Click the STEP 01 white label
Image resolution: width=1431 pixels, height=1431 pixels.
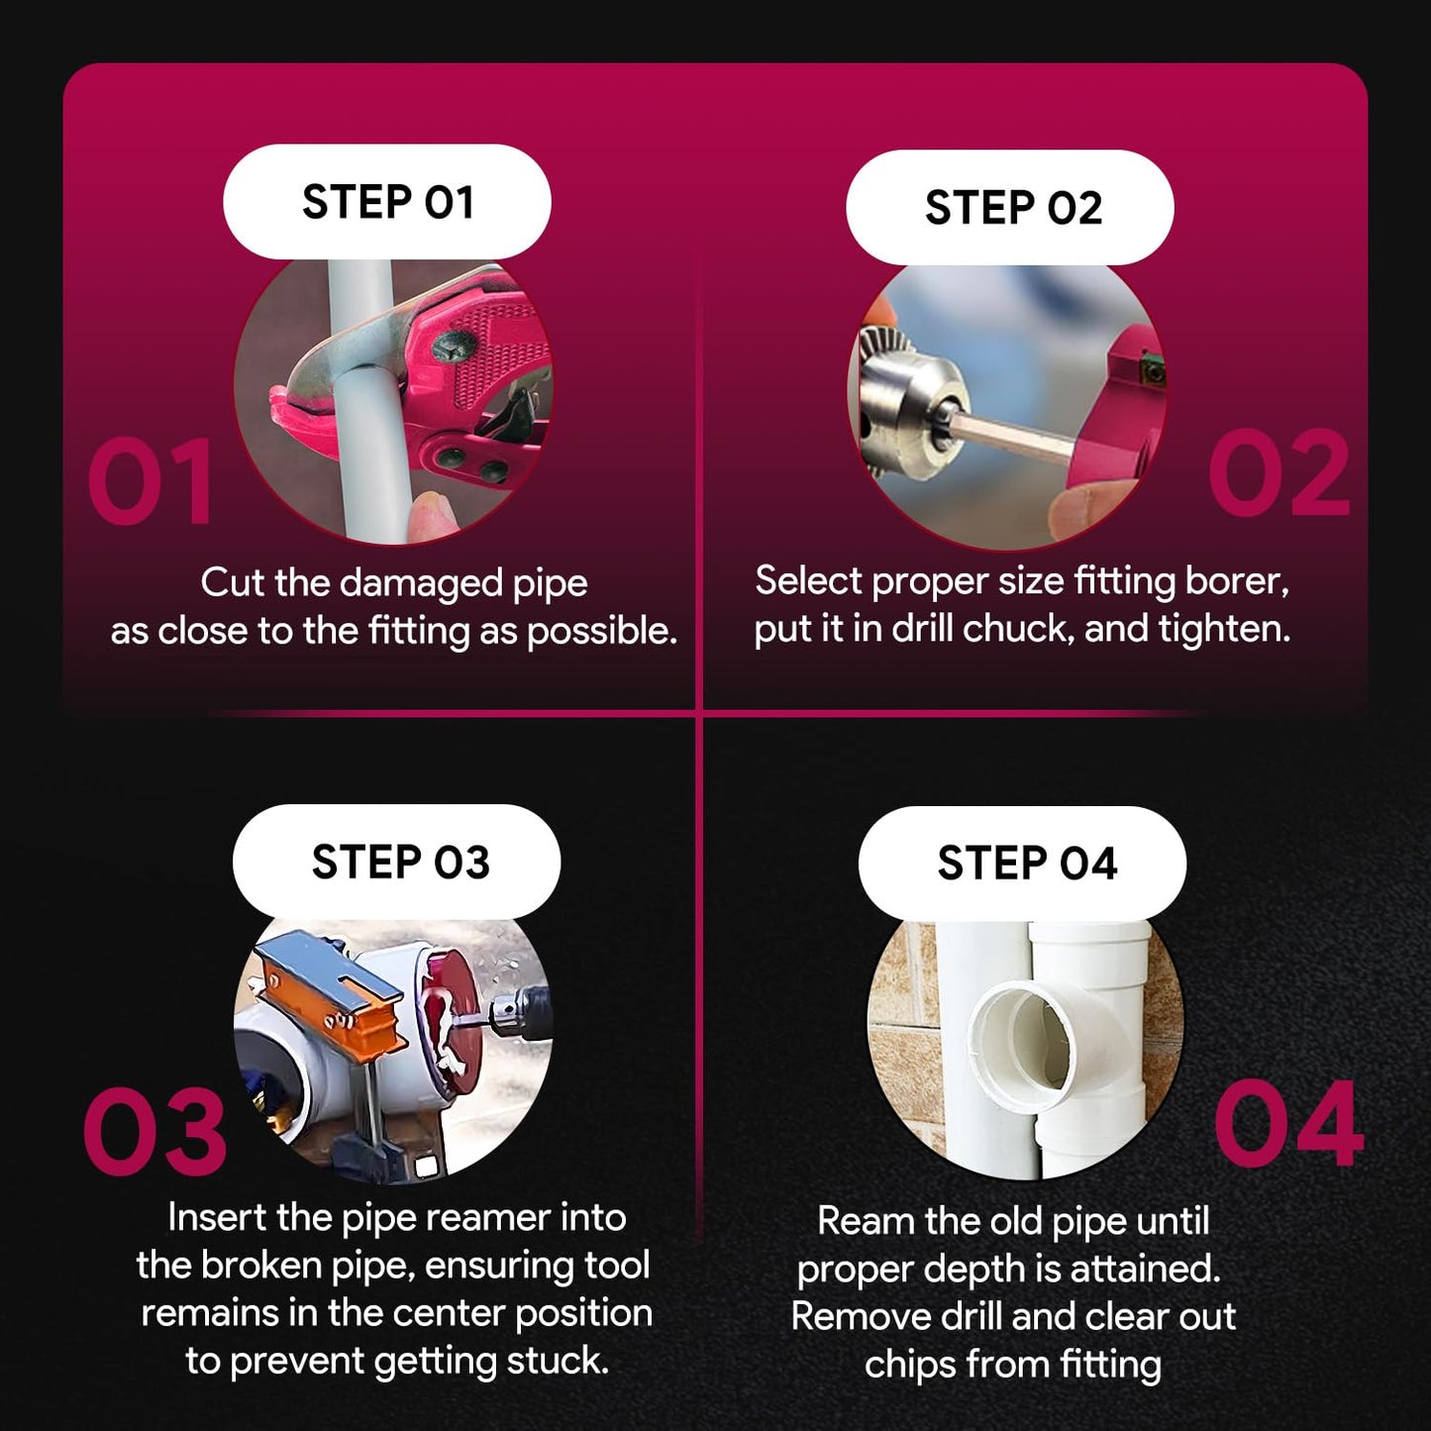tap(387, 201)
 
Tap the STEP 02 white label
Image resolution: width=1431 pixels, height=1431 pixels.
tap(1010, 207)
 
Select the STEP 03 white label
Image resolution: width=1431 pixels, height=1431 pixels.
tap(396, 862)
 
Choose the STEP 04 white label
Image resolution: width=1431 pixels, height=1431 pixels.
tap(1023, 863)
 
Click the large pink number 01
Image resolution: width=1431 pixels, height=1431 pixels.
tap(152, 481)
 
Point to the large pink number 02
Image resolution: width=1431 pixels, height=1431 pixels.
tap(1278, 473)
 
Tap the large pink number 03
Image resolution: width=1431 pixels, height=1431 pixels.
tap(154, 1131)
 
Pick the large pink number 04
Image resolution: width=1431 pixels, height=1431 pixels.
tap(1289, 1124)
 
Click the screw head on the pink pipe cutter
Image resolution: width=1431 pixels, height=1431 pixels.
tap(452, 346)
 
